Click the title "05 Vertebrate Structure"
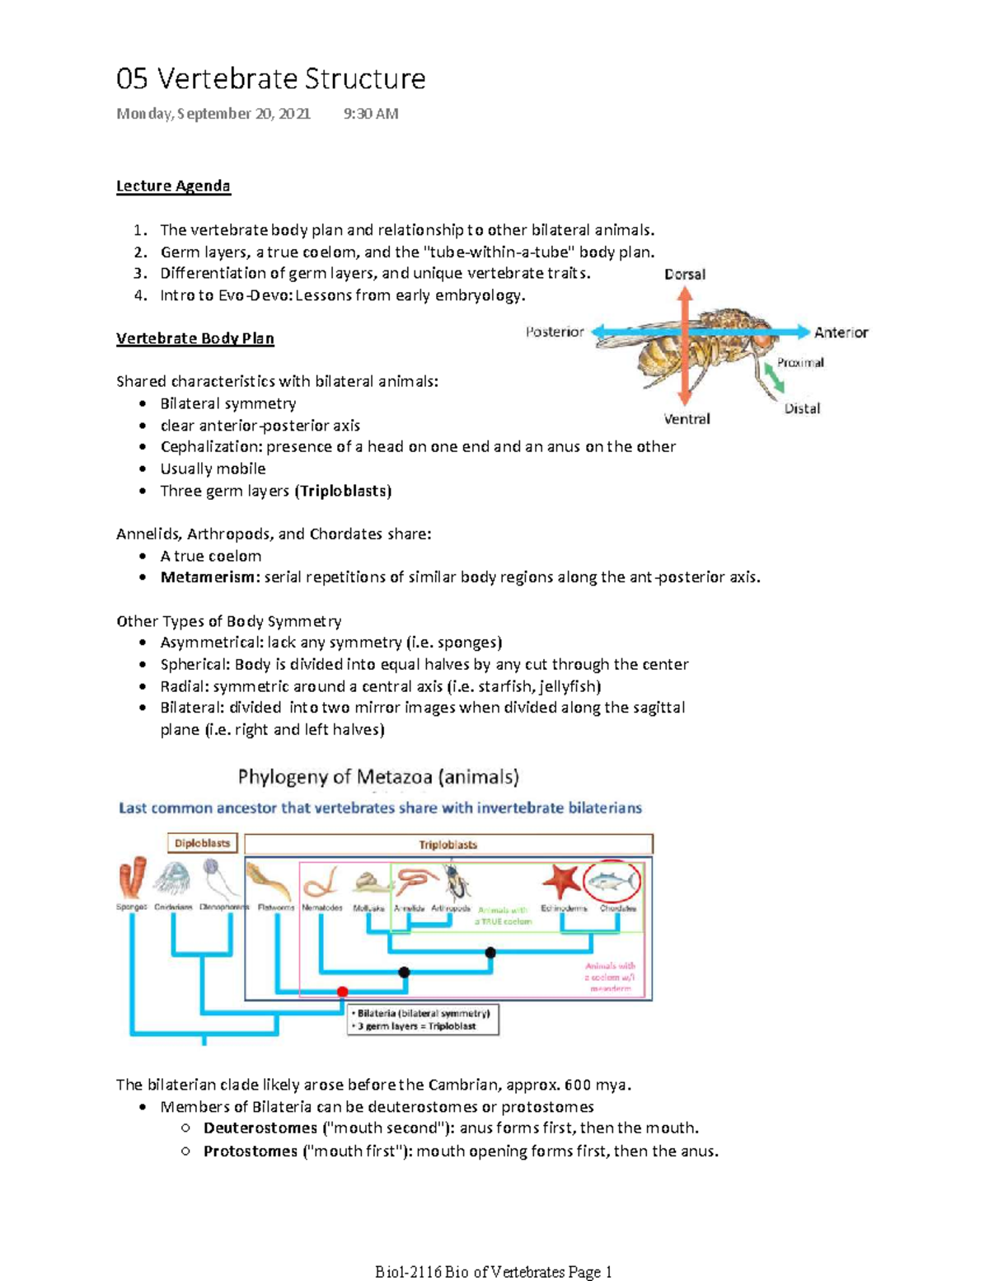(270, 79)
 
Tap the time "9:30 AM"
(371, 114)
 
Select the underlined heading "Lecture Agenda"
(173, 186)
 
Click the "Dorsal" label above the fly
(685, 274)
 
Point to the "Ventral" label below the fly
(687, 419)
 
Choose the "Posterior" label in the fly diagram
(555, 332)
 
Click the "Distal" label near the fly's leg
(802, 408)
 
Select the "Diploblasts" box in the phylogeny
(202, 843)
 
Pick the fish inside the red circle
(612, 882)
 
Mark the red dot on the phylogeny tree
(343, 991)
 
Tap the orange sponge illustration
(133, 878)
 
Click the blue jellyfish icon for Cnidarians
(173, 878)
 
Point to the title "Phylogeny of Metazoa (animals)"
(378, 776)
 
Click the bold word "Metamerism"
(209, 577)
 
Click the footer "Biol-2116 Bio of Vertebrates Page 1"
(494, 1271)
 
